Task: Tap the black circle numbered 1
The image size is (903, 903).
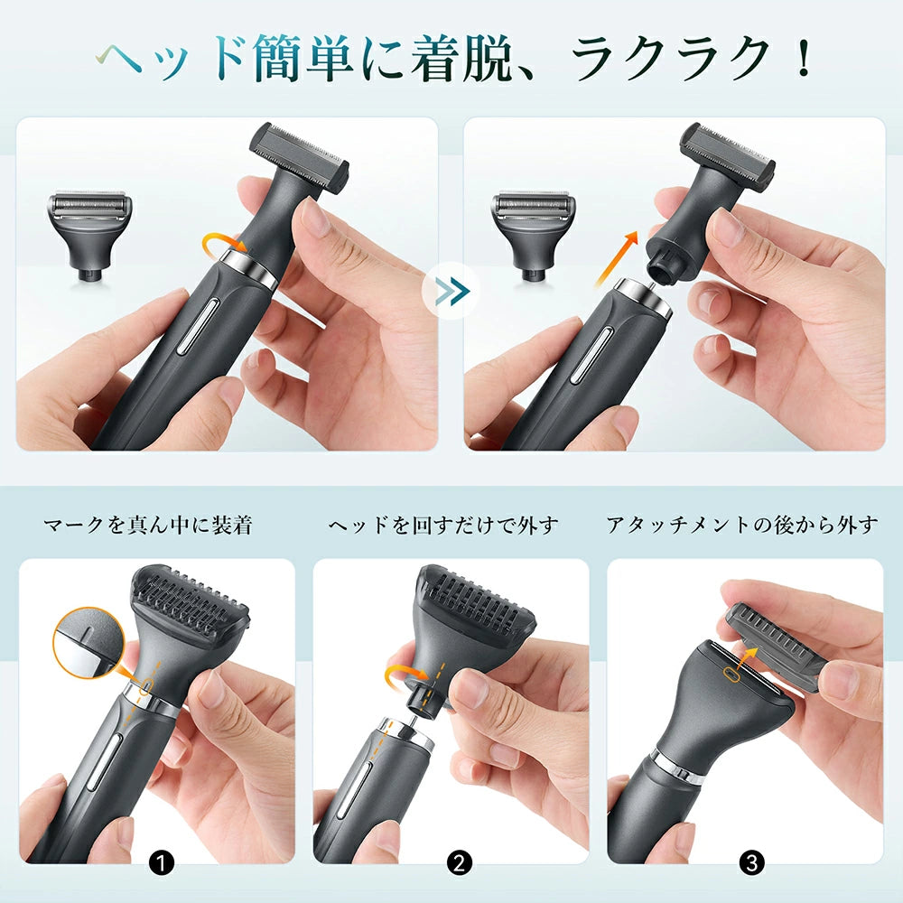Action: [162, 862]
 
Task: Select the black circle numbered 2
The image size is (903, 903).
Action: [459, 862]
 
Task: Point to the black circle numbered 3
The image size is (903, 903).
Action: [751, 862]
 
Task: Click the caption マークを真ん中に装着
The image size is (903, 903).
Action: [148, 525]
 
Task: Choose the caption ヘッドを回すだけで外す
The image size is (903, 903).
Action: [442, 525]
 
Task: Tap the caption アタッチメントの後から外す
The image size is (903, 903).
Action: [742, 525]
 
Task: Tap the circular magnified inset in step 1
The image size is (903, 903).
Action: [88, 641]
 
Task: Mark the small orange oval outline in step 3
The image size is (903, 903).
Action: [731, 674]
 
